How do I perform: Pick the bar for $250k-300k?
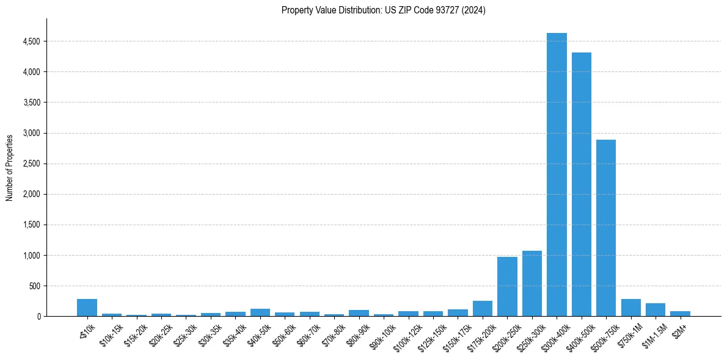click(x=532, y=284)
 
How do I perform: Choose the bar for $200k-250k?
click(x=507, y=287)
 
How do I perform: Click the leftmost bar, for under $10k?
click(x=87, y=308)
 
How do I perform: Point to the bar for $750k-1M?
click(x=630, y=308)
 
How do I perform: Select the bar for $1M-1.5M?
click(x=656, y=310)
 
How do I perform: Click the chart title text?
click(x=384, y=10)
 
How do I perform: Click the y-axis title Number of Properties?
click(x=10, y=167)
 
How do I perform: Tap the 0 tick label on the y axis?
click(x=38, y=316)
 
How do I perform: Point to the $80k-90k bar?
click(x=359, y=313)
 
